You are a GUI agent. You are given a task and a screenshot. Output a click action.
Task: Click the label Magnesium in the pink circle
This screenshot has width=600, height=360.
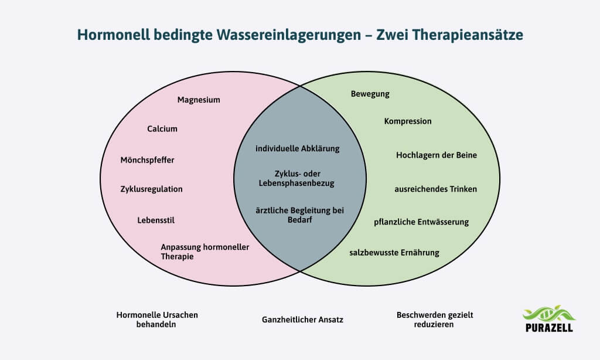[x=199, y=100]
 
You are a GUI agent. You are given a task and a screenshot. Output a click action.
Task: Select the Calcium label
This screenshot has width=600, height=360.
[x=162, y=129]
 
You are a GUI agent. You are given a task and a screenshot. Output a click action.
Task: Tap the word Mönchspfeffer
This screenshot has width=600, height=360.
[x=147, y=159]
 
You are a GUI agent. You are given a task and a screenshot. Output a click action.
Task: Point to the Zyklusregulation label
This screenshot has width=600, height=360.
[x=151, y=189]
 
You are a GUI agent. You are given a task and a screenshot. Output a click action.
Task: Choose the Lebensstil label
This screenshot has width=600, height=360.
[x=156, y=220]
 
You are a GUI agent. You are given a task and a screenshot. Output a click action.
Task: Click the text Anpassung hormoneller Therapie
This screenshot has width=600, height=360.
[x=204, y=252]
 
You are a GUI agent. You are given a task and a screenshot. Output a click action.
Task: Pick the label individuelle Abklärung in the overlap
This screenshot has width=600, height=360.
[x=298, y=148]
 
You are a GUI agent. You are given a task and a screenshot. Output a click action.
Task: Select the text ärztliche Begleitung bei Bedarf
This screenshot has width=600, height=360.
[x=299, y=215]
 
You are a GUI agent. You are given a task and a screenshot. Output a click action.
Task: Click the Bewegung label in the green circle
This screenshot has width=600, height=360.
[x=370, y=94]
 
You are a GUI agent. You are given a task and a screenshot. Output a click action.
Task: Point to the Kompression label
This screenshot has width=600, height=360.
[x=408, y=121]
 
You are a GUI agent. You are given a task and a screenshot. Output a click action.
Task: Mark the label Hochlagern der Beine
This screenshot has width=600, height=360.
[x=437, y=155]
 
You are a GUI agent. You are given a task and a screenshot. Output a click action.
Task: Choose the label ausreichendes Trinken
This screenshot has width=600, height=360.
[x=435, y=189]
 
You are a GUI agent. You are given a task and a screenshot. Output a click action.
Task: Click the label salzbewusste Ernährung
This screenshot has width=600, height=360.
[x=394, y=253]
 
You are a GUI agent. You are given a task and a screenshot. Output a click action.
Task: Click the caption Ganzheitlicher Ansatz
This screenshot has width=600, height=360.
[x=302, y=320]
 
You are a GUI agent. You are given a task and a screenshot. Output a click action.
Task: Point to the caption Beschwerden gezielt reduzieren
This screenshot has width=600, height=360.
[x=435, y=319]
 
